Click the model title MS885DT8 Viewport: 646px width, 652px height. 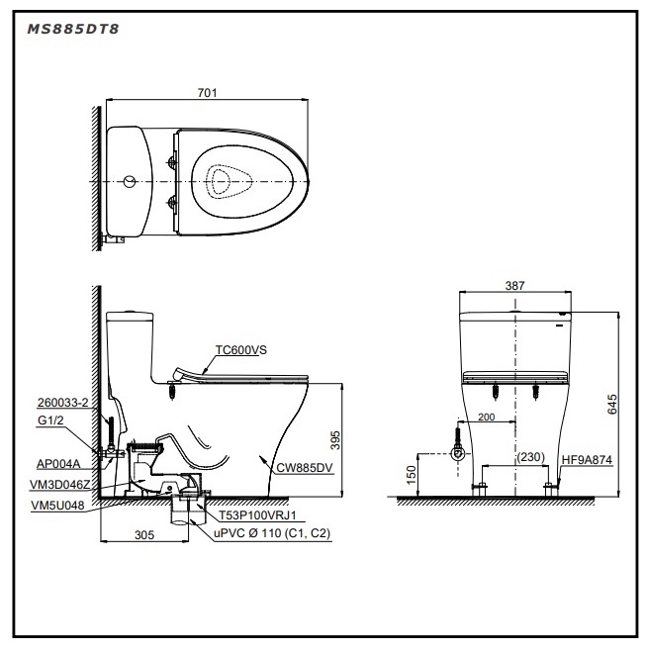(x=73, y=29)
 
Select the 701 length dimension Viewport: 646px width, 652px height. (x=207, y=93)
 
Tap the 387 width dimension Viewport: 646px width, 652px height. (x=514, y=286)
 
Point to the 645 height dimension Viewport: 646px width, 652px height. (x=612, y=405)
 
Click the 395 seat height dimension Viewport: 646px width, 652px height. (x=335, y=440)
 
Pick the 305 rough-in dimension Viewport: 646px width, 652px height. (x=144, y=534)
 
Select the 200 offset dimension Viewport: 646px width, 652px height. (x=486, y=418)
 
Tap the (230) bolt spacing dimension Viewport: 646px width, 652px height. (x=530, y=457)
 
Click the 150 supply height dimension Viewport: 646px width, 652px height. (x=411, y=475)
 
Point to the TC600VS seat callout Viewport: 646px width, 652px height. (x=241, y=350)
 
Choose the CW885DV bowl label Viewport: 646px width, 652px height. (x=305, y=468)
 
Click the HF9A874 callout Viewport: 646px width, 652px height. (x=587, y=460)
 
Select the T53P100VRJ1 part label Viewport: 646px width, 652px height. (x=258, y=515)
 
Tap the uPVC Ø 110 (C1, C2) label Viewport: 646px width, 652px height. (x=272, y=533)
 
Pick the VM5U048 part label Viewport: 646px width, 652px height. (x=57, y=506)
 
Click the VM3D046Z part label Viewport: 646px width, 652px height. (x=60, y=485)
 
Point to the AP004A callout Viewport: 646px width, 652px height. (x=58, y=464)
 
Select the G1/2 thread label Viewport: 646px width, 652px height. (x=50, y=420)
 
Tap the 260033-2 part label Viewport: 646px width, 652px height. (x=62, y=403)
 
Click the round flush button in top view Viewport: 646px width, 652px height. (x=130, y=182)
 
